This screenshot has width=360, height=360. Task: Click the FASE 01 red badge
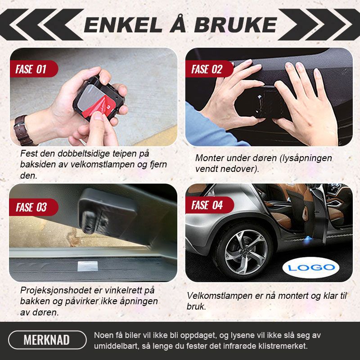34,69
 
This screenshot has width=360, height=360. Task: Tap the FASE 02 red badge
209,69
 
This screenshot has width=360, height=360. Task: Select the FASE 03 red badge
34,207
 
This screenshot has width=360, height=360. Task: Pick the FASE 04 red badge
210,205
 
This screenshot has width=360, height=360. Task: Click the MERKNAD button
47,340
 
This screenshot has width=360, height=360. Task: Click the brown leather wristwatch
23,130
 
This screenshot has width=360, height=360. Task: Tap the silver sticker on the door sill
87,266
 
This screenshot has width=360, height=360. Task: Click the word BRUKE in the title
235,25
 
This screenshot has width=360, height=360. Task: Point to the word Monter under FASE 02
209,158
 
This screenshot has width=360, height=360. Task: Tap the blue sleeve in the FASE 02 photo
207,129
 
